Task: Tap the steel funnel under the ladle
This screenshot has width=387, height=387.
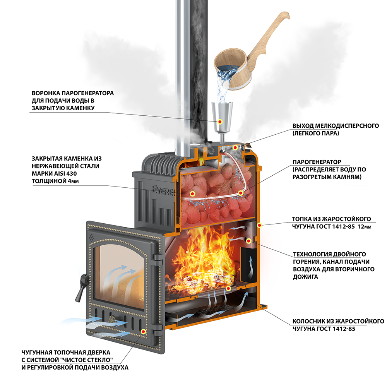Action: click(220, 114)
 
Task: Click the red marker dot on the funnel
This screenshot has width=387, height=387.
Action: click(220, 122)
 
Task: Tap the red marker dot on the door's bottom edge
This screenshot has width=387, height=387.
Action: click(144, 332)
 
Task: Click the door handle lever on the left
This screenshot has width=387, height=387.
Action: click(80, 287)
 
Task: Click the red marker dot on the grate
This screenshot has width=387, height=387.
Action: click(228, 289)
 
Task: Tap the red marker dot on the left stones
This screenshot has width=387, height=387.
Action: click(192, 193)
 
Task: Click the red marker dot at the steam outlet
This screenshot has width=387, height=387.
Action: click(235, 147)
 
